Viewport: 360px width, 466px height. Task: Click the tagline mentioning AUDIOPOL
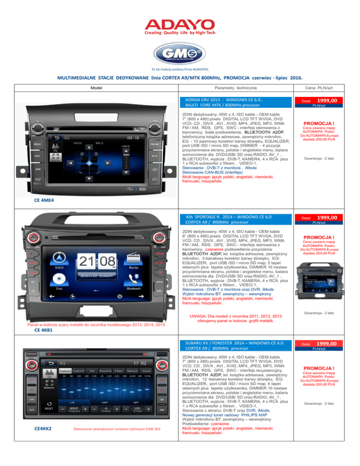point(180,69)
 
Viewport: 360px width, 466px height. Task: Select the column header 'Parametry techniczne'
point(232,88)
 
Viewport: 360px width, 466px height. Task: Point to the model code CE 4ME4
point(44,200)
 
